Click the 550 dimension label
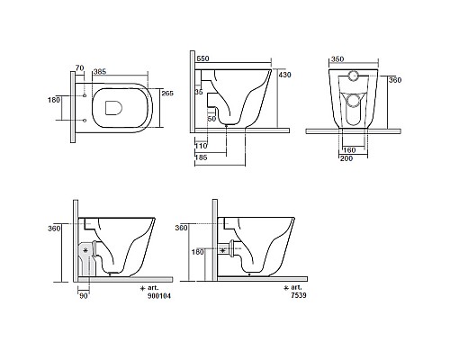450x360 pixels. (x=202, y=58)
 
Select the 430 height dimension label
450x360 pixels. (x=284, y=75)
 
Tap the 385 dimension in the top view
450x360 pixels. (x=100, y=71)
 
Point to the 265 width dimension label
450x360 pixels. (x=167, y=93)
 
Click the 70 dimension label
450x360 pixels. (x=79, y=68)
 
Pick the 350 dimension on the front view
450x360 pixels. (x=337, y=59)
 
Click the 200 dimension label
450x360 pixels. (x=346, y=158)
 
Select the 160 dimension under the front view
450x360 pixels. (x=349, y=150)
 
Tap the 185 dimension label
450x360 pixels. (x=201, y=157)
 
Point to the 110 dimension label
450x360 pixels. (x=201, y=146)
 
